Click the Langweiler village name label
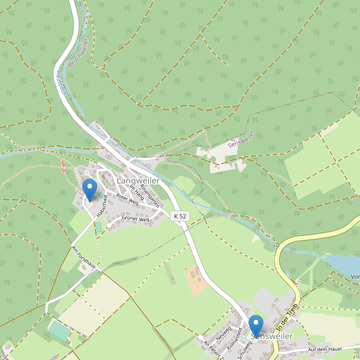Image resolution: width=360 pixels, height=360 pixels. click(x=137, y=181)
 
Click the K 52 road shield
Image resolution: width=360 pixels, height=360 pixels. click(x=179, y=216)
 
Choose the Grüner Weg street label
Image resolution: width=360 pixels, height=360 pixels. click(x=136, y=219)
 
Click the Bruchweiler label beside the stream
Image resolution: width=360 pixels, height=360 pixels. click(x=79, y=52)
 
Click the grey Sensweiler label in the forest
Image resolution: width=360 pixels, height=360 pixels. click(x=241, y=140)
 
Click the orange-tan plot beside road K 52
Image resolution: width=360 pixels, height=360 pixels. click(x=197, y=281)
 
